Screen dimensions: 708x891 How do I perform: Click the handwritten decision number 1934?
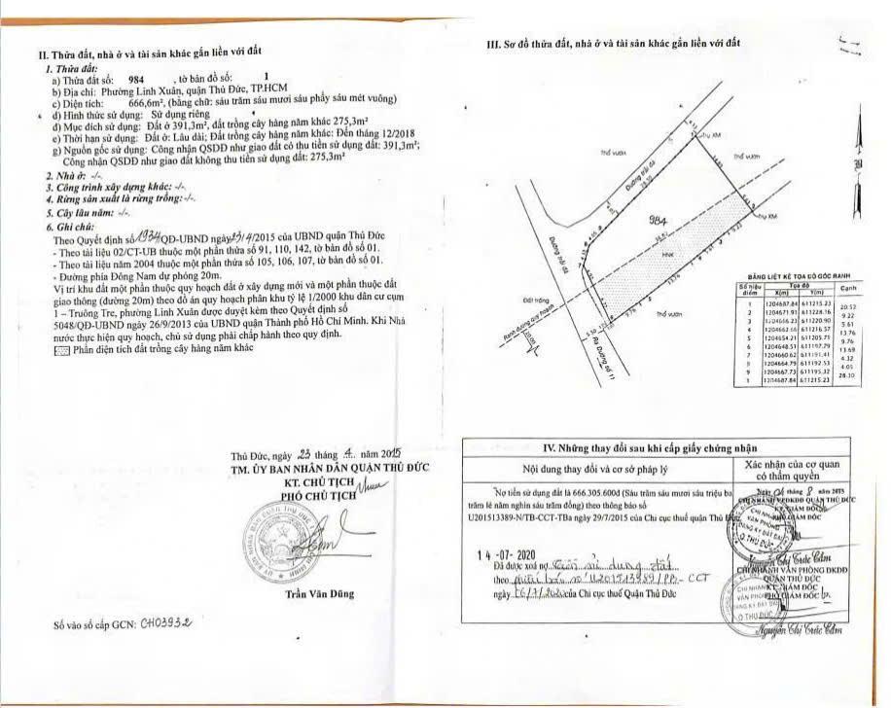148,236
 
